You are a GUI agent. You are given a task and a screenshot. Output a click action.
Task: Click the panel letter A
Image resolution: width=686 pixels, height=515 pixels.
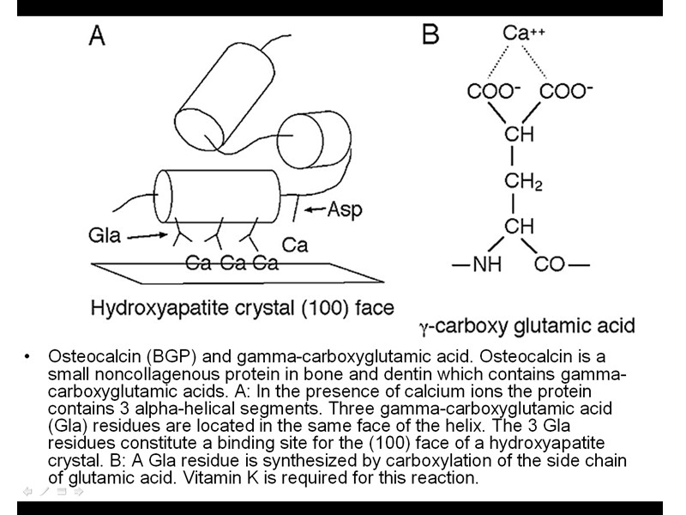[98, 35]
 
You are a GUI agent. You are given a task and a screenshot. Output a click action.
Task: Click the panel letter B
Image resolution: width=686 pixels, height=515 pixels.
[430, 35]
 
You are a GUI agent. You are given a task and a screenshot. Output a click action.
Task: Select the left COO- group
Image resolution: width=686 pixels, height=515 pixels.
[493, 91]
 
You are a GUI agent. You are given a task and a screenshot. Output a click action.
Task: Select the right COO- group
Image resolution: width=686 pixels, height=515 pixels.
[567, 91]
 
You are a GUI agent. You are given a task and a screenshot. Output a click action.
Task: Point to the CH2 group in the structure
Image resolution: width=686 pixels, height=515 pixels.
[522, 182]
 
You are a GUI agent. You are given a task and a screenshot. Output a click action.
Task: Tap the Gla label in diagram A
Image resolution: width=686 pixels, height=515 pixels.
[105, 233]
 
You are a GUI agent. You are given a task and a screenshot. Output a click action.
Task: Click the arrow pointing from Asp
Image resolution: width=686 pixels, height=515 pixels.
[312, 209]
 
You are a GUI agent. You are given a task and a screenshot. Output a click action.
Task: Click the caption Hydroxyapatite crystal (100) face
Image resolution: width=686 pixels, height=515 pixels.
[242, 307]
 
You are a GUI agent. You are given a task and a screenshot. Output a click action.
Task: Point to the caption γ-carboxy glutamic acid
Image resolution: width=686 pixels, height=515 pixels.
[527, 326]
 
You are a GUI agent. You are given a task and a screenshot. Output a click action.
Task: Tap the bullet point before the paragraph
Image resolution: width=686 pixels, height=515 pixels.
[28, 356]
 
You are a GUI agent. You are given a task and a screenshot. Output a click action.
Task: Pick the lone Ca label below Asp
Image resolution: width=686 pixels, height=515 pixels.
[295, 245]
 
